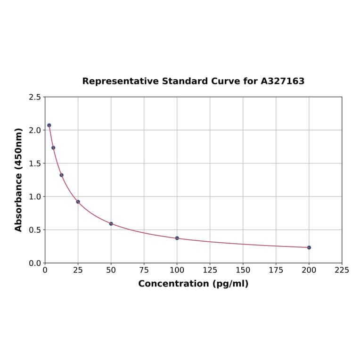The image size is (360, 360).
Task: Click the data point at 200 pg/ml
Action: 309,247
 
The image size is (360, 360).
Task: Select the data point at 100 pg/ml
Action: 177,238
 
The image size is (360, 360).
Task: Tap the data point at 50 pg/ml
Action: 111,224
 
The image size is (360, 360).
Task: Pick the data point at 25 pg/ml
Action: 78,202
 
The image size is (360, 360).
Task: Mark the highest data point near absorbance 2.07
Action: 49,125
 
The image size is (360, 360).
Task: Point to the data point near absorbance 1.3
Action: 62,175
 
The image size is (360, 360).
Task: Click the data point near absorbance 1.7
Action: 53,147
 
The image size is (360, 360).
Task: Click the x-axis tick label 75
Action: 144,270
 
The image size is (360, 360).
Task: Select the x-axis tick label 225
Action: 342,270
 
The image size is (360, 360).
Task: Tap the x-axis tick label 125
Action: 210,270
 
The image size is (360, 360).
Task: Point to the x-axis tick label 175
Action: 276,270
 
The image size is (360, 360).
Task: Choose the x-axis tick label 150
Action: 243,270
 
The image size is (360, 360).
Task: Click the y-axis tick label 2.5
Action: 35,97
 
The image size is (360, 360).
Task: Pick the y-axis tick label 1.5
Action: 35,164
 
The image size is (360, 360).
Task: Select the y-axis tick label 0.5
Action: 35,230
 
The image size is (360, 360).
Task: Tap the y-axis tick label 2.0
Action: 35,130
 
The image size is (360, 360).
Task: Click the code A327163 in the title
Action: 283,81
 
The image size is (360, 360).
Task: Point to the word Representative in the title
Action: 121,81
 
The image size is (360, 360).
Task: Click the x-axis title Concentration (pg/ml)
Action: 193,284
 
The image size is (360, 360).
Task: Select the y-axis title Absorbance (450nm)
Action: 19,180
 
